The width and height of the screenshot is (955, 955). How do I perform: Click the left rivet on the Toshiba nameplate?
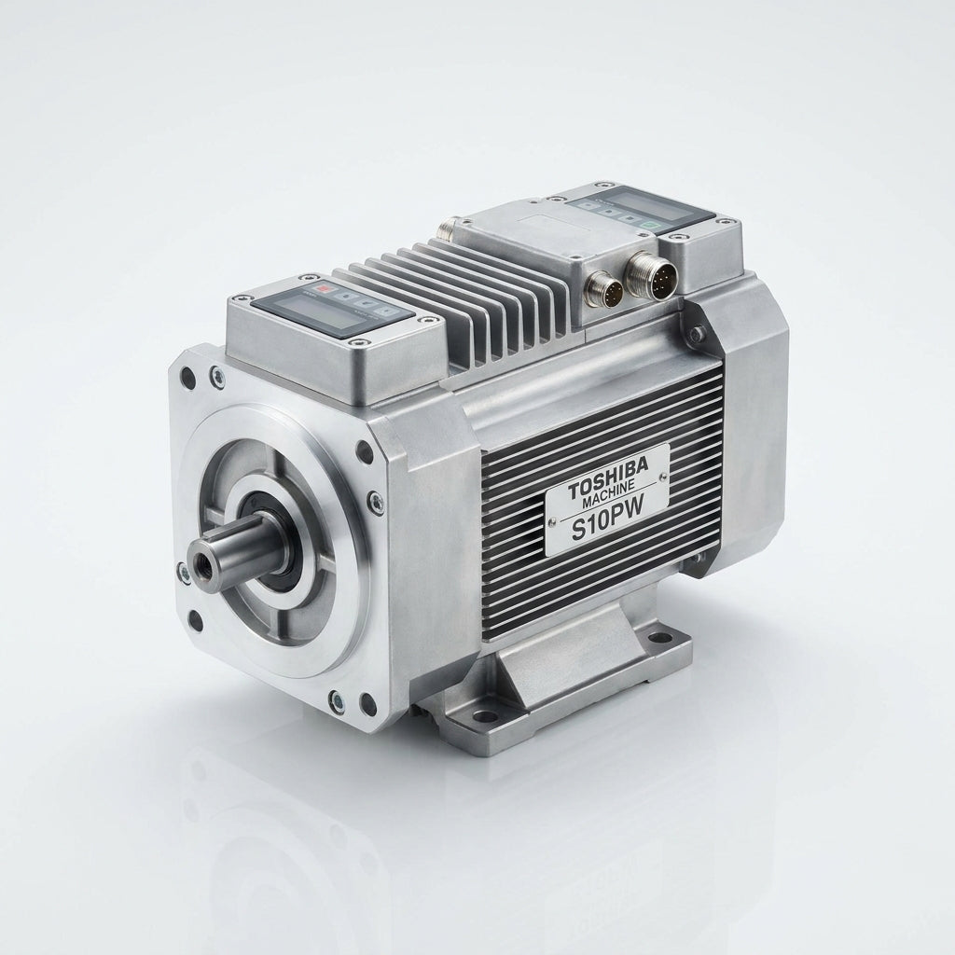[553, 520]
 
